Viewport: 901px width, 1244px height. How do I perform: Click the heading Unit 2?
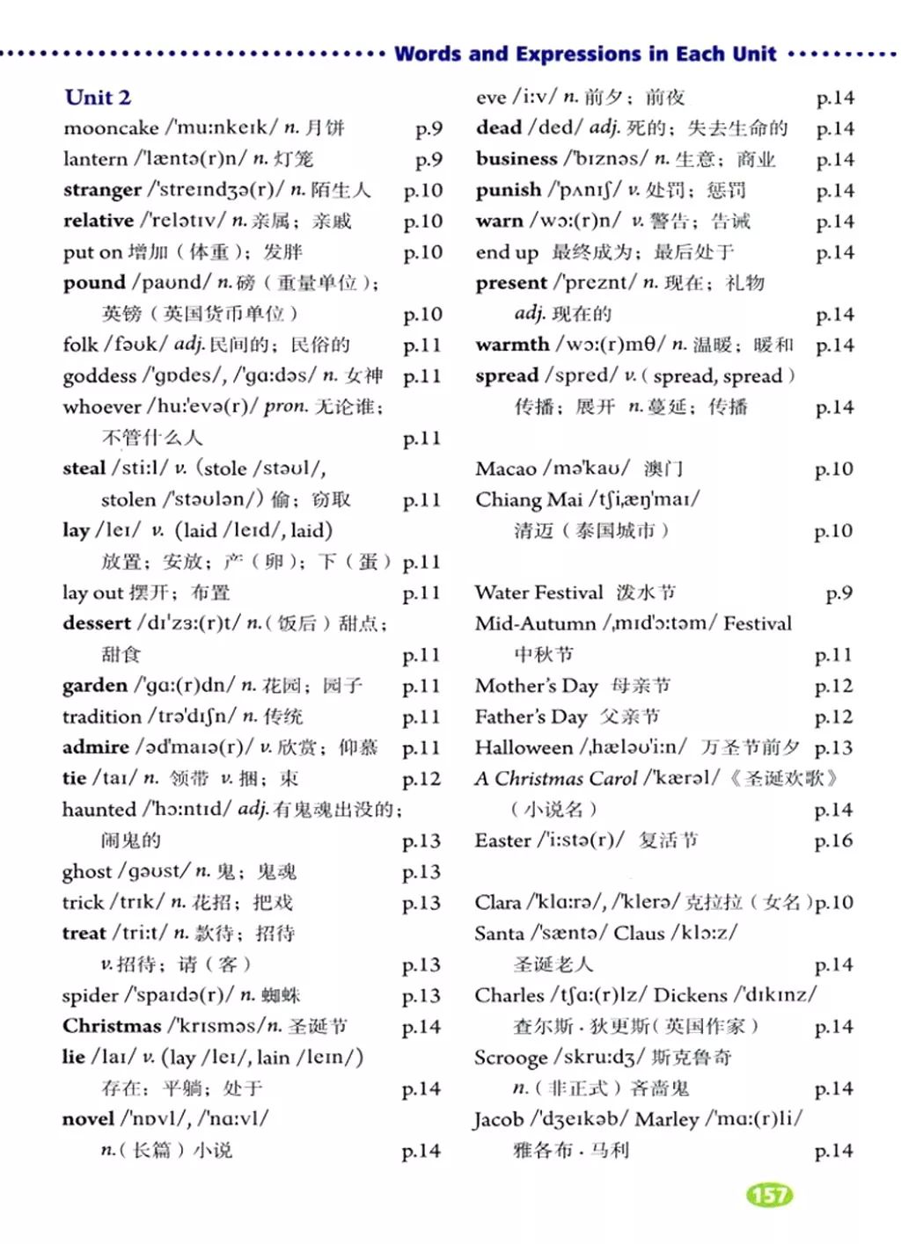pyautogui.click(x=98, y=97)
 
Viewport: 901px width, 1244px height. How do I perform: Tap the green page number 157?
pyautogui.click(x=770, y=1195)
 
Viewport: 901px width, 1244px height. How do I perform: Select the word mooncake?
pyautogui.click(x=111, y=128)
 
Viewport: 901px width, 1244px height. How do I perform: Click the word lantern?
pyautogui.click(x=95, y=159)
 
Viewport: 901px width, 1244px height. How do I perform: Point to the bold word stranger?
pyautogui.click(x=102, y=190)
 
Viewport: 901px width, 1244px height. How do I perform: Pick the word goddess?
pyautogui.click(x=99, y=376)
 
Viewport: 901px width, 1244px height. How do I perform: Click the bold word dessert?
pyautogui.click(x=97, y=623)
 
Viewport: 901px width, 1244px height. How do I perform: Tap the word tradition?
pyautogui.click(x=101, y=717)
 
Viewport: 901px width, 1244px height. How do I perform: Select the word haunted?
pyautogui.click(x=98, y=810)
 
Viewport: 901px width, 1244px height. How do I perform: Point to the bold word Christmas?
pyautogui.click(x=112, y=1026)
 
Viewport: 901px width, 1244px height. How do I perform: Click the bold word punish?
pyautogui.click(x=509, y=190)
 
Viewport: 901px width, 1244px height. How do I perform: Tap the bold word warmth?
pyautogui.click(x=512, y=345)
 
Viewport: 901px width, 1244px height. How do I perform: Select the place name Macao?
pyautogui.click(x=505, y=469)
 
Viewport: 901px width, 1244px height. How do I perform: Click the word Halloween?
pyautogui.click(x=524, y=747)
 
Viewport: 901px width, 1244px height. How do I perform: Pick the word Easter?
pyautogui.click(x=502, y=840)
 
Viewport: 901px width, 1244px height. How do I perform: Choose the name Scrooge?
pyautogui.click(x=510, y=1058)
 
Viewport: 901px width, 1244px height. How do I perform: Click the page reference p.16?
pyautogui.click(x=833, y=840)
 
